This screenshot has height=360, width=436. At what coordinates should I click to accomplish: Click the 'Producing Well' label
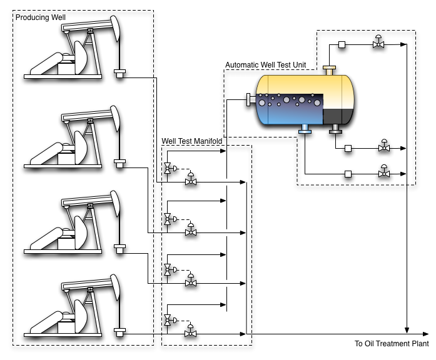41,17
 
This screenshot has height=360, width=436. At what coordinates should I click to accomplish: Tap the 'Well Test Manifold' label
193,142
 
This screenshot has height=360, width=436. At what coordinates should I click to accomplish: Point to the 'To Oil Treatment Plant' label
392,343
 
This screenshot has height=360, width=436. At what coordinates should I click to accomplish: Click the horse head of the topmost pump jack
116,27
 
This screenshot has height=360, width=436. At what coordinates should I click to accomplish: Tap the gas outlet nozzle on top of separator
329,68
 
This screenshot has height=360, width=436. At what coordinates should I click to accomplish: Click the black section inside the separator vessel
338,116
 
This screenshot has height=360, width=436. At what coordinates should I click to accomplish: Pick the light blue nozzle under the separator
305,129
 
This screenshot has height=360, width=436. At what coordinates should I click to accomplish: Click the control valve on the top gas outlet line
378,43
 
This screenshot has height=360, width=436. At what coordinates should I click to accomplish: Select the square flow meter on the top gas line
342,44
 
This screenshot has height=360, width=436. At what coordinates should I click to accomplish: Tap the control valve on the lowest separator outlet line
383,172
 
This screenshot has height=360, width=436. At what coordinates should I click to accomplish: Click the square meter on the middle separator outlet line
348,149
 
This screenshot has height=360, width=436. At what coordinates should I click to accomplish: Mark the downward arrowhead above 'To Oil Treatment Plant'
408,330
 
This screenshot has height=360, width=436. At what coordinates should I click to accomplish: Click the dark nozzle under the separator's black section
335,129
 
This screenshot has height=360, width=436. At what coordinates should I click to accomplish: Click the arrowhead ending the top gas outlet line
405,44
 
